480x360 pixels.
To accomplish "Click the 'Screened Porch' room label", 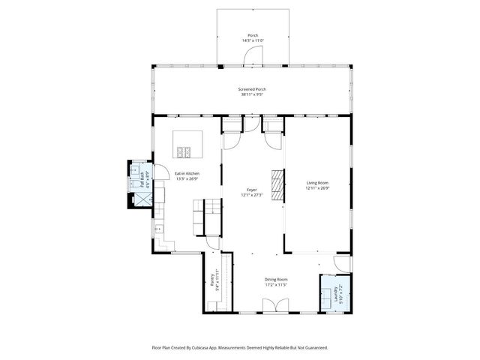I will coord(253,89).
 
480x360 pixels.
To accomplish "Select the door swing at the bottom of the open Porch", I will coord(256,54).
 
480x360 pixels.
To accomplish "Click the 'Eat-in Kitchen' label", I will coord(187,173).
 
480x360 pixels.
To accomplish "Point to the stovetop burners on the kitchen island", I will coord(184,152).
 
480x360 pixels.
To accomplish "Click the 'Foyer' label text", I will coord(252,190).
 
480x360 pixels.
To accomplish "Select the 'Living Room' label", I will coord(317,183).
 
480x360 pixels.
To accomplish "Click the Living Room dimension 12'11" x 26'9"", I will coord(317,188).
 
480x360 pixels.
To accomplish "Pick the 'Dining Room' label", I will coord(277,280).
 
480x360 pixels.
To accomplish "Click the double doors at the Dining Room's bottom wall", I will coord(274,305).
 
